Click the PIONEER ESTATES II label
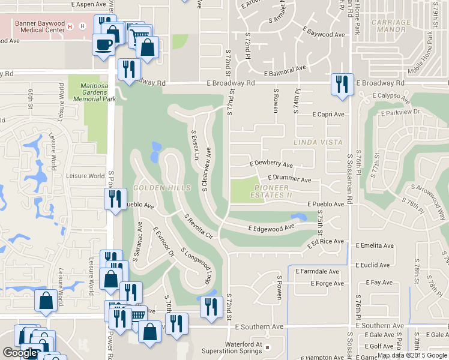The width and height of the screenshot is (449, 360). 271,191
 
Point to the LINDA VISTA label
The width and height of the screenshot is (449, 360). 318,142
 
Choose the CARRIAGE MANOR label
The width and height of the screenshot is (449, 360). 391,26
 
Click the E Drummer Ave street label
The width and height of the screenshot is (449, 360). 289,179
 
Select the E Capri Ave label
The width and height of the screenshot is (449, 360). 328,114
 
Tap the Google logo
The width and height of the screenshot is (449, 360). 20,353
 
